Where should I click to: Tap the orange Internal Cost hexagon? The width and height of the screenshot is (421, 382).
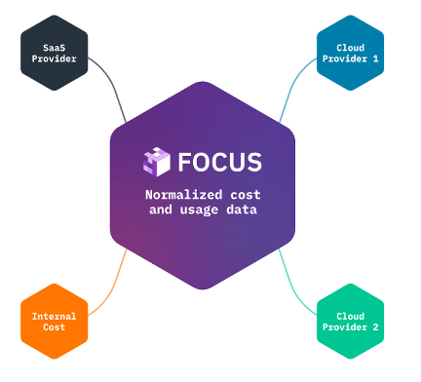55,322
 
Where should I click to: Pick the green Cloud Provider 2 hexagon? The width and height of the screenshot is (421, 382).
351,322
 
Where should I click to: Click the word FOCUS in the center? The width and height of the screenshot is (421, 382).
220,161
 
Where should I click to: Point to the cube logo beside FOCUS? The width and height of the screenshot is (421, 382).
156,161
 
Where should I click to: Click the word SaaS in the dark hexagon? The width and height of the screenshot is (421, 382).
55,48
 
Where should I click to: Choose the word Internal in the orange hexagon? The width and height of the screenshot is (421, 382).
55,316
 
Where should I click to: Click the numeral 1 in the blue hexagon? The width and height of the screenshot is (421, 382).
374,60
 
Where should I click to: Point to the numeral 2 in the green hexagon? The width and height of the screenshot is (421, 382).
374,328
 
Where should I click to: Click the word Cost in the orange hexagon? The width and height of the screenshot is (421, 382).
55,328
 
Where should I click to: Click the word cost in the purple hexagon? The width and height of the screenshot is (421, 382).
246,195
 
